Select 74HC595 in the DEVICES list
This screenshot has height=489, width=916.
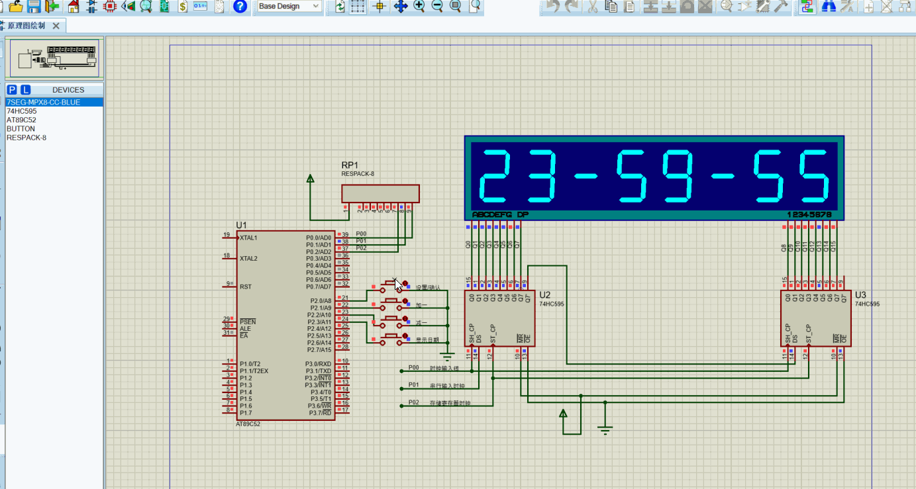(x=21, y=111)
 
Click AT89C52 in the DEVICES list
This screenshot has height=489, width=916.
(x=21, y=120)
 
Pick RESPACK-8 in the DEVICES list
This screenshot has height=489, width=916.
(x=26, y=138)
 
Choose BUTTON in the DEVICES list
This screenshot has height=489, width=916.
(x=21, y=129)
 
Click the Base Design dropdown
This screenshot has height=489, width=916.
(x=289, y=6)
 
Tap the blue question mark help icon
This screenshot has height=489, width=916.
(x=240, y=7)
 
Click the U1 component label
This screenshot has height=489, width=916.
(x=240, y=226)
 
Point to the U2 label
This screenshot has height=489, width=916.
(x=544, y=294)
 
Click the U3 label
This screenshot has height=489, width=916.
(x=860, y=294)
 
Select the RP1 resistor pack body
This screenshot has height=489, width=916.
(x=380, y=193)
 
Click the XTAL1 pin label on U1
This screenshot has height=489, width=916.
(x=248, y=238)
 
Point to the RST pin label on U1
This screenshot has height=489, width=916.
(x=245, y=287)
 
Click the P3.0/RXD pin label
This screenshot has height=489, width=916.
(x=318, y=364)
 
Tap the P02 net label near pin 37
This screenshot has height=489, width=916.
(x=360, y=248)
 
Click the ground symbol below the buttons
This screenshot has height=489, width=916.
(x=448, y=357)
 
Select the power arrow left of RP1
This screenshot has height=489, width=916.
(x=310, y=179)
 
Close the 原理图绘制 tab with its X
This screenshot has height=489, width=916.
(x=56, y=26)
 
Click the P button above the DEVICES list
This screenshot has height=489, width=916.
(x=11, y=90)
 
